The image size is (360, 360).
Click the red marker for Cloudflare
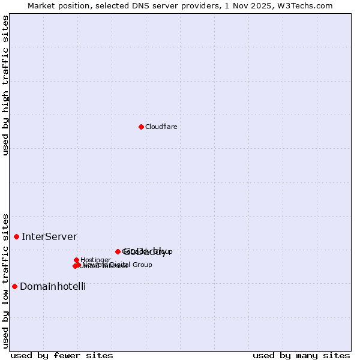[x=141, y=127]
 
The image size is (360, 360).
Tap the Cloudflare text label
[x=161, y=127]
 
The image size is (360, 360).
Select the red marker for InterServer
[x=16, y=236]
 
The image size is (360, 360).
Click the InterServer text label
[x=49, y=236]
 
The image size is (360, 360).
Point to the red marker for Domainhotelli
[x=14, y=286]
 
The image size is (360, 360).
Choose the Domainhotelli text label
[x=53, y=286]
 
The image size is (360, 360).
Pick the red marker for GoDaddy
[x=118, y=251]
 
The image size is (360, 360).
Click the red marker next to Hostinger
[x=76, y=260]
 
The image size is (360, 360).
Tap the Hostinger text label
[x=95, y=260]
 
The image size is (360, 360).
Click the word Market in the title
[x=41, y=5]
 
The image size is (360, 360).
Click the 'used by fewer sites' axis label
[x=62, y=355]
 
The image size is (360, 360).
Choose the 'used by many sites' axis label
[x=301, y=355]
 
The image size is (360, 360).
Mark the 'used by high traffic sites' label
[x=5, y=85]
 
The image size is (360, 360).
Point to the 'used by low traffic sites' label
[x=5, y=280]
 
